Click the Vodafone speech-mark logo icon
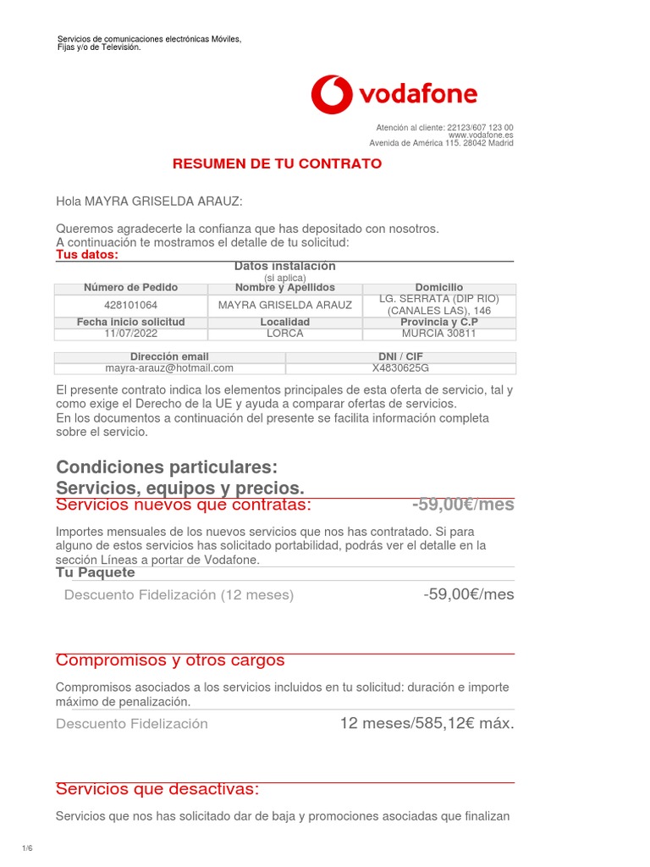point(331,94)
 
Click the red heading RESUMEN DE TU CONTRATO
point(277,163)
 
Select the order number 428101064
point(130,305)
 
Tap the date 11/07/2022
point(130,334)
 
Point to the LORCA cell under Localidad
point(284,334)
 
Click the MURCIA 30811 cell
point(438,334)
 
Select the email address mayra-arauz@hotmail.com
point(169,368)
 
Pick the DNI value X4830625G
point(400,368)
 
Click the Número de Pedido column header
point(130,288)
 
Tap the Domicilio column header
point(438,288)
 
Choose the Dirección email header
point(169,356)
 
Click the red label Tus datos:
point(87,255)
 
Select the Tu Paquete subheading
point(95,572)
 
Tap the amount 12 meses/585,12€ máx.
point(427,723)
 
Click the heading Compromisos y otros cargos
point(170,660)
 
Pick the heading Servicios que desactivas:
point(157,789)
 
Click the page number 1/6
point(26,848)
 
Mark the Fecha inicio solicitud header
point(130,323)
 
